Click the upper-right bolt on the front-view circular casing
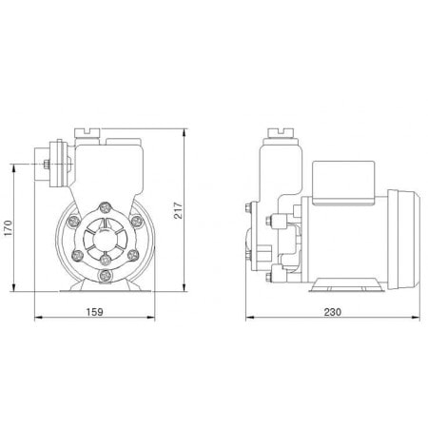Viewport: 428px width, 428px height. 135,220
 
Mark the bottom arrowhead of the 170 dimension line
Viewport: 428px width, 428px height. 20,289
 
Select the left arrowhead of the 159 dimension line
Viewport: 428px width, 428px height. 36,319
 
